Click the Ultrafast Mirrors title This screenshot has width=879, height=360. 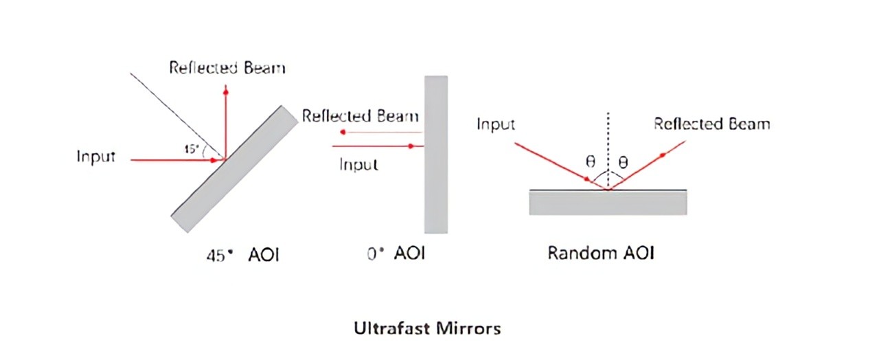click(x=427, y=328)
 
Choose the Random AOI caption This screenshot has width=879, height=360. click(x=600, y=253)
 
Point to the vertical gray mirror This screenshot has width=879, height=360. click(x=435, y=155)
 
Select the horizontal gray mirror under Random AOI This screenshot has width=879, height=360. click(x=608, y=202)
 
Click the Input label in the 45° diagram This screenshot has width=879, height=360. click(x=95, y=157)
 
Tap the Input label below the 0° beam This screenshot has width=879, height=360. click(x=358, y=165)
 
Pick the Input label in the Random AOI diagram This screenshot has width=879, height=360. click(x=496, y=124)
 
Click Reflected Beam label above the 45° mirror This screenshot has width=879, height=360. click(x=227, y=67)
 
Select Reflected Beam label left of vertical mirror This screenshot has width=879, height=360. click(x=361, y=115)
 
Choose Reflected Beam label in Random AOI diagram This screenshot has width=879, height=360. click(x=711, y=124)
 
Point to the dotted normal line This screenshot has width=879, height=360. click(x=607, y=144)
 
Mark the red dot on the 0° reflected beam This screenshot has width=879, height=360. click(x=343, y=132)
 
